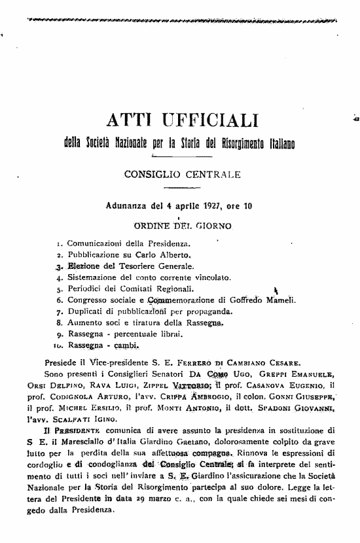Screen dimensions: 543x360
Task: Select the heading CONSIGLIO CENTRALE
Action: tap(178, 175)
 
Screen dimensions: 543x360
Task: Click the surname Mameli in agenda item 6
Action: tap(281, 300)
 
